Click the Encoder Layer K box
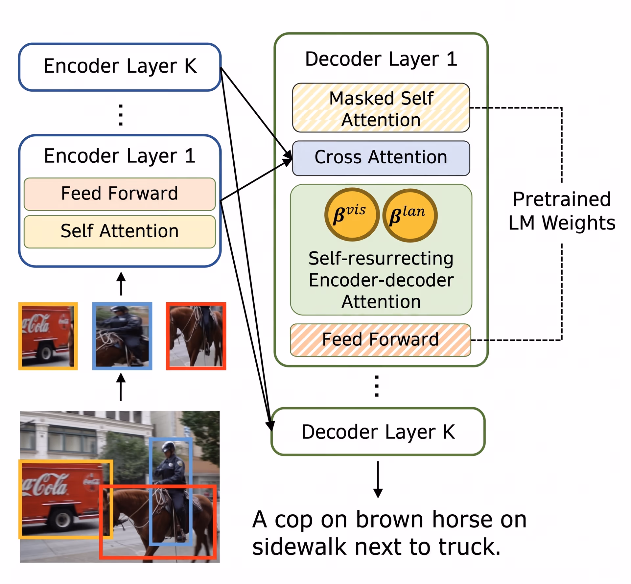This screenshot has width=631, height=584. [x=120, y=67]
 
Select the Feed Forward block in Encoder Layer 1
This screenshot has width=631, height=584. [x=120, y=194]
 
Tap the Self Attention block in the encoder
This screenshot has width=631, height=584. [x=120, y=231]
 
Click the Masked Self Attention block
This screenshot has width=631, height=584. [x=381, y=108]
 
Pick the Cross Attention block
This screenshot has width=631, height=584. [x=381, y=158]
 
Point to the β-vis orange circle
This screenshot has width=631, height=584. [x=352, y=215]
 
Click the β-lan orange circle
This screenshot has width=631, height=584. [x=410, y=215]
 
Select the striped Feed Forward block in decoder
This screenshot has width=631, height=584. [x=381, y=340]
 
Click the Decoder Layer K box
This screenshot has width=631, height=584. [x=378, y=432]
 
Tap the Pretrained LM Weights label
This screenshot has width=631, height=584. [x=562, y=211]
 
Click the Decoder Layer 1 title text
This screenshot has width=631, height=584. [x=381, y=59]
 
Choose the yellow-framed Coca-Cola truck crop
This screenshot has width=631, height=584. [x=48, y=336]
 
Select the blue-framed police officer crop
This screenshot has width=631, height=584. [x=122, y=336]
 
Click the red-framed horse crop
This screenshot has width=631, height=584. [x=196, y=336]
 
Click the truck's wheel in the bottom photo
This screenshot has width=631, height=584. [x=61, y=520]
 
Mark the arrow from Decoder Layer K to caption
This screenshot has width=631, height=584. [x=378, y=479]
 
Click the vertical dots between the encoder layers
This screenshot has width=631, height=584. [x=121, y=115]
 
